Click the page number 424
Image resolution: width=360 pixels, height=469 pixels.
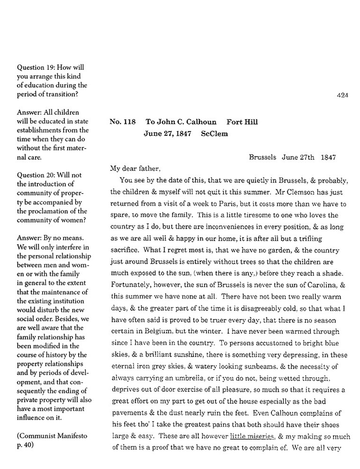click(x=342, y=95)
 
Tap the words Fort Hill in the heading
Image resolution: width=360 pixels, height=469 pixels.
click(x=242, y=122)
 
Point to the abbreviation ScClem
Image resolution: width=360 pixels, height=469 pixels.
click(x=214, y=133)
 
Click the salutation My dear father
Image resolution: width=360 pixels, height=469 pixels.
click(x=135, y=168)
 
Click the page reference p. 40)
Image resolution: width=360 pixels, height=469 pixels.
click(x=26, y=444)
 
